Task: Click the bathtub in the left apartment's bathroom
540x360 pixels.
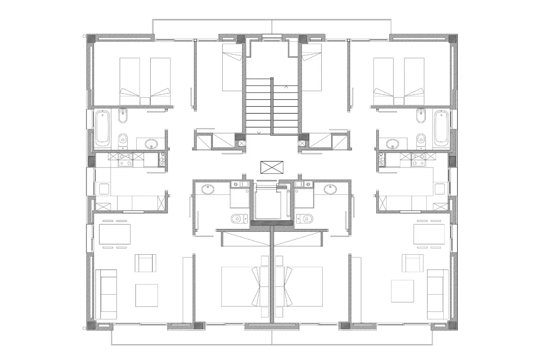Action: coord(103,129)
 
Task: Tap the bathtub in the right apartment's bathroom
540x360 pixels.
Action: coord(441,129)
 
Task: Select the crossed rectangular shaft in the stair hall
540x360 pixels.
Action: coord(273,167)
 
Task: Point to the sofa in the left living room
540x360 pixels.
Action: coord(106,293)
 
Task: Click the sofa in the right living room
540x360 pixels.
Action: coord(437,293)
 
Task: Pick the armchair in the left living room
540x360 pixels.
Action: coord(146,263)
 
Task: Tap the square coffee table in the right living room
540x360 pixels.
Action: coord(402,291)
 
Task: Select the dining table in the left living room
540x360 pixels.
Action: coord(114,234)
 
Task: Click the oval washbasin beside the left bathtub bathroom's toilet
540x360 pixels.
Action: coord(151,144)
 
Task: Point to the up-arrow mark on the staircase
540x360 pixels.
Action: coord(287,85)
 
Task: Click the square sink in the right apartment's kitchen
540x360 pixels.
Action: coord(440,189)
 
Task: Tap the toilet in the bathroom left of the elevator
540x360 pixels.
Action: coord(237,219)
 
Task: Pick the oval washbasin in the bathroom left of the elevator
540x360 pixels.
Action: coord(209,189)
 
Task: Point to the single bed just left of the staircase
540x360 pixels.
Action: coord(234,72)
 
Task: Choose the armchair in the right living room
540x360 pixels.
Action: coord(413,263)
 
